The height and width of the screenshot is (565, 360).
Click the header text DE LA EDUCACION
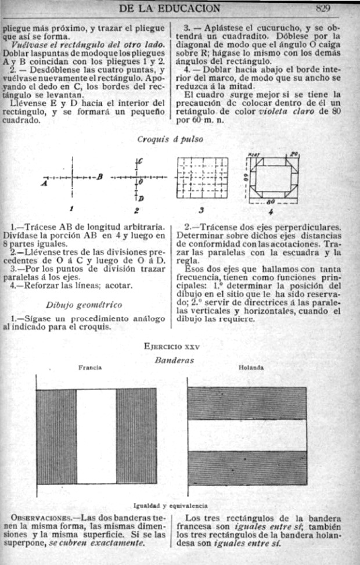[x=168, y=8]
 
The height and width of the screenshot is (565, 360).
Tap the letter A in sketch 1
[x=44, y=182]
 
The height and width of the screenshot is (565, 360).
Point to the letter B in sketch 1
[x=100, y=177]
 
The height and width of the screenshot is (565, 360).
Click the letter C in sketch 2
[x=141, y=160]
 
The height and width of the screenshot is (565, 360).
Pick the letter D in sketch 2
[x=141, y=199]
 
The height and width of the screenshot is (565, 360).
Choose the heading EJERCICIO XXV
[x=171, y=347]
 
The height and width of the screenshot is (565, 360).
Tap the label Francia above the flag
[x=90, y=368]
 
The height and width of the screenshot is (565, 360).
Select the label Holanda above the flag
[x=251, y=368]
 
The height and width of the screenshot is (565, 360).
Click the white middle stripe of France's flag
[x=96, y=436]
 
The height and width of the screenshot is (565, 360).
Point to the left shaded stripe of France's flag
[x=56, y=436]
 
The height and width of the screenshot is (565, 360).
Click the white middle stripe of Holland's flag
[x=247, y=435]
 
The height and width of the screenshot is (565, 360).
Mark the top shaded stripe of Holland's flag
[x=247, y=403]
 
